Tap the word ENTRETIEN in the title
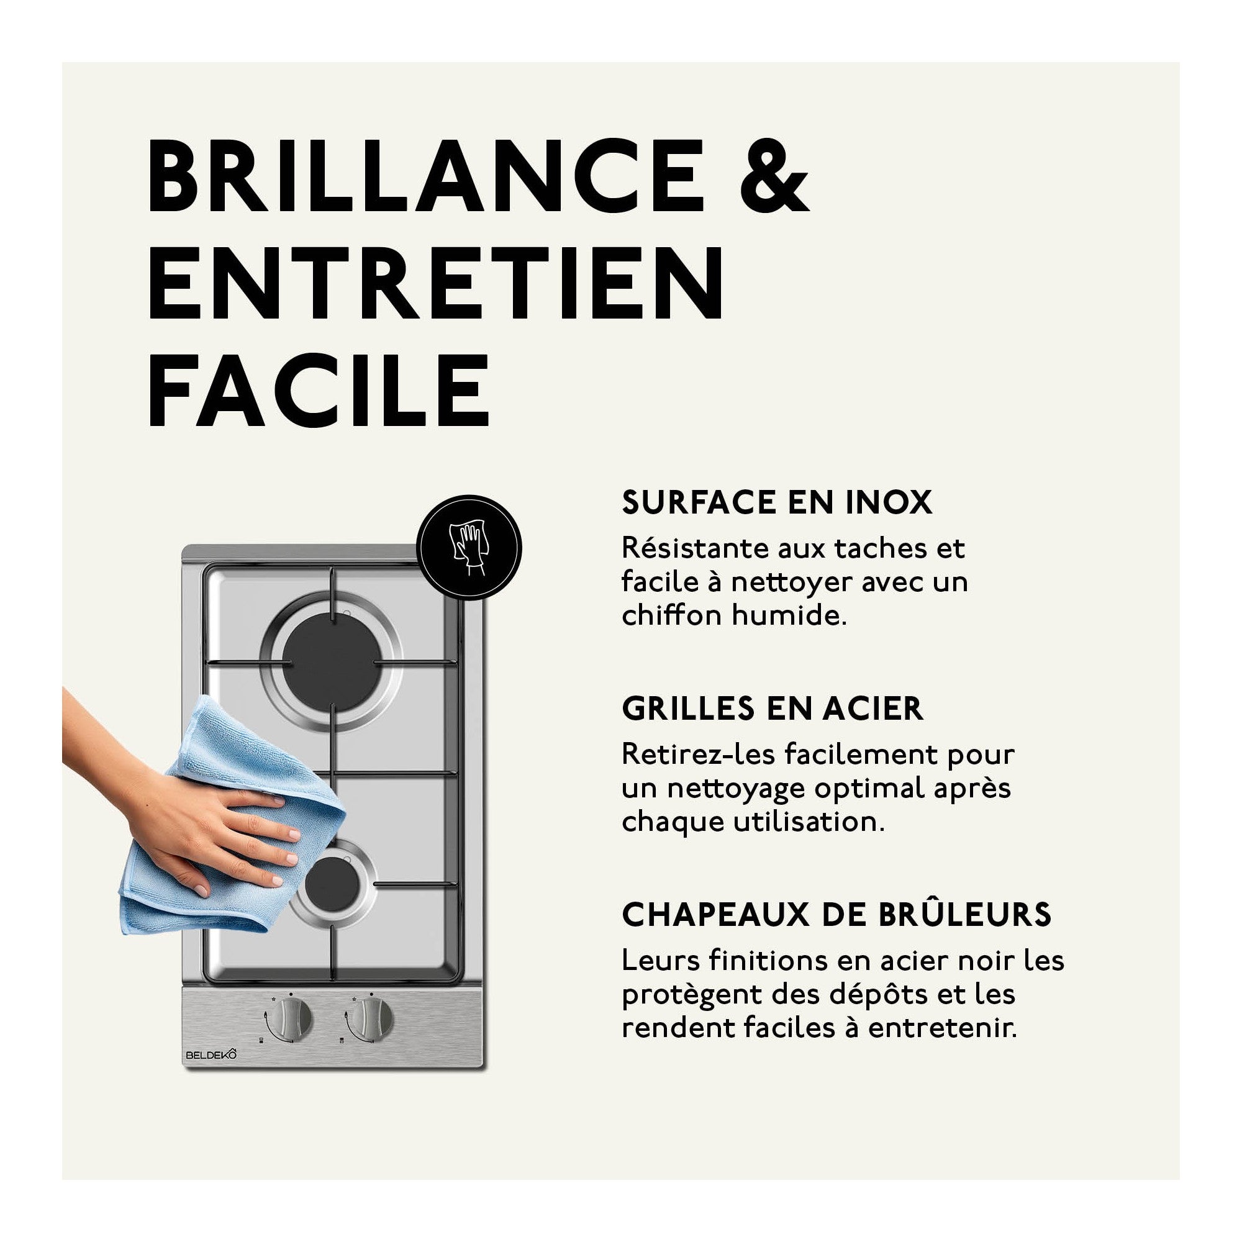[x=437, y=282]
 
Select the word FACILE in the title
[x=319, y=389]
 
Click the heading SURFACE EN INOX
[x=777, y=503]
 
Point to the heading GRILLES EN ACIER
[x=772, y=709]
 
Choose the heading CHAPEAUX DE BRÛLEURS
[x=836, y=915]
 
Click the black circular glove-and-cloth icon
[x=469, y=548]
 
